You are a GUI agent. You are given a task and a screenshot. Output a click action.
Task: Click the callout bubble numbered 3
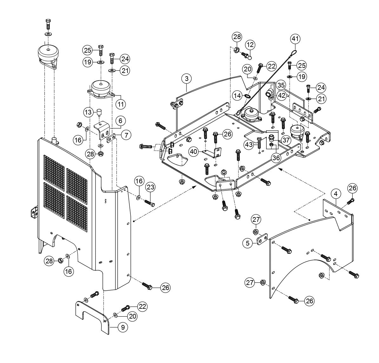coord(187,78)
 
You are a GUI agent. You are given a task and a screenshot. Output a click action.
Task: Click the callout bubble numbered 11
coord(121,104)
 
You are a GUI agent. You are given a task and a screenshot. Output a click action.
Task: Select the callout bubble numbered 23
coord(150,187)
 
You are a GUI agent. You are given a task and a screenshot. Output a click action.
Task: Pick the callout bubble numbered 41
coord(295,39)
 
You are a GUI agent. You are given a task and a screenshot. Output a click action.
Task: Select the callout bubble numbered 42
coord(280,94)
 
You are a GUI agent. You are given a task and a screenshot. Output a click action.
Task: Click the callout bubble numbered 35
coord(280,85)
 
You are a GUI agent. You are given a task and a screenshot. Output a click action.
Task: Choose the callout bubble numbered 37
coord(287,140)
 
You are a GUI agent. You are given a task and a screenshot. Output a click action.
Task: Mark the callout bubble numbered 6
coord(121,121)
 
